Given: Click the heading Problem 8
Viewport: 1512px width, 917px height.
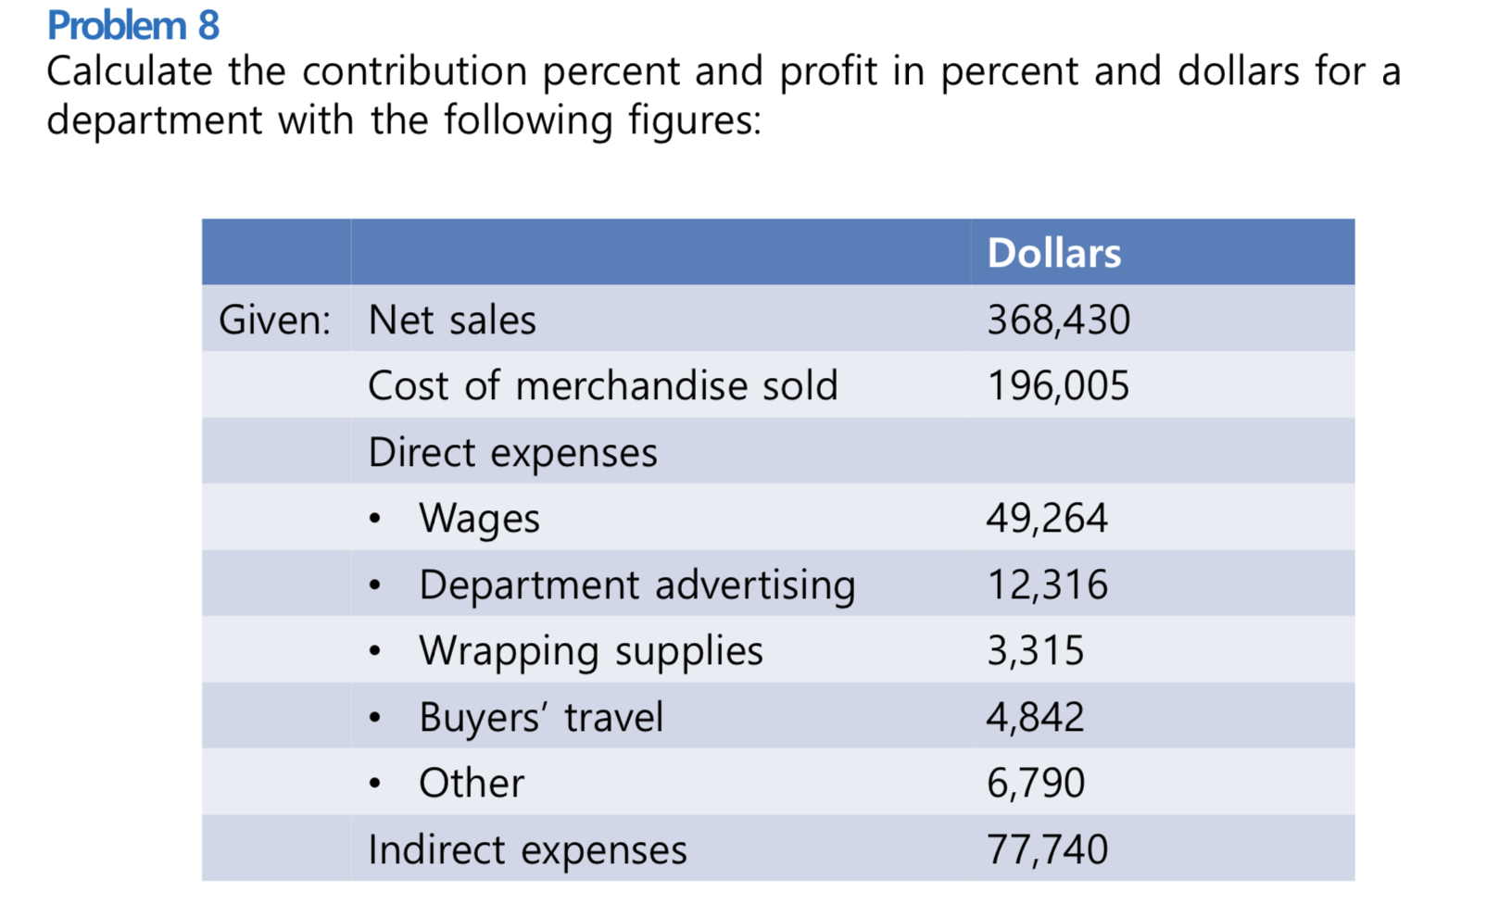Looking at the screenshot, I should point(132,25).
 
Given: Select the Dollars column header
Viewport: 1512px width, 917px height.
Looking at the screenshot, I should point(1053,253).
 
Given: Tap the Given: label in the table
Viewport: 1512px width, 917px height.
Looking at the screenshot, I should point(274,320).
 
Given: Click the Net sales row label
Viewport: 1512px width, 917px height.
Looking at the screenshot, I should point(452,320).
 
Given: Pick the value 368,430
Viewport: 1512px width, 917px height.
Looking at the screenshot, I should point(1058,320).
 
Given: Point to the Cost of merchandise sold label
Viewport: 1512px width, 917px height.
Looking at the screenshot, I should point(602,386).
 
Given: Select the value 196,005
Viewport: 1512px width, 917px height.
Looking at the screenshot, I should point(1058,386).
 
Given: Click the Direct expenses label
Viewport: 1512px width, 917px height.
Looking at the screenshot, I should point(512,453).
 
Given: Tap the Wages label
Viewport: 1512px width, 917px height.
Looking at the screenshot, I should point(479,519).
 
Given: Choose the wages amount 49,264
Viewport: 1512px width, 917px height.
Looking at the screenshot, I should point(1047,519).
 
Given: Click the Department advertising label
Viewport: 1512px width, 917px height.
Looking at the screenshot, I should point(636,585).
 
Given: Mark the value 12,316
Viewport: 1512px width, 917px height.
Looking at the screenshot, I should point(1047,585).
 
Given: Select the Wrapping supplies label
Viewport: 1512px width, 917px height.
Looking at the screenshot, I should point(590,651).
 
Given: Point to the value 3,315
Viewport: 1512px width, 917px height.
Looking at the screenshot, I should point(1035,651).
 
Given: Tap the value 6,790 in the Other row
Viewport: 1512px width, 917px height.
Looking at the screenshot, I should point(1035,784).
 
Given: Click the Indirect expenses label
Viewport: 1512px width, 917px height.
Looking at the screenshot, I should point(527,850).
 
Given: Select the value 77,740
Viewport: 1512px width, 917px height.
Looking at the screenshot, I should point(1047,850).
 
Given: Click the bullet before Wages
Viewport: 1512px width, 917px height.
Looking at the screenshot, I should point(374,520).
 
